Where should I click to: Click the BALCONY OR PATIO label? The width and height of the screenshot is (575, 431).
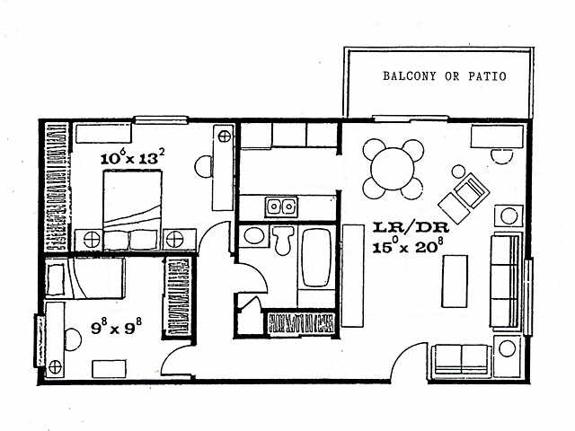pos(445,75)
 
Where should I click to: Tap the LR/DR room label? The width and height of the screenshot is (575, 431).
pos(411,227)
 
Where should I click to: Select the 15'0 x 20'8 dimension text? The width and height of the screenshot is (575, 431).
pos(405,246)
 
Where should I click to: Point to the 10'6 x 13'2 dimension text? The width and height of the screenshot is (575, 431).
pos(132,157)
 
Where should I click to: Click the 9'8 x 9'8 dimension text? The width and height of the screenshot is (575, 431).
pos(116,327)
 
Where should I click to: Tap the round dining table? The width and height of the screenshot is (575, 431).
pos(393,169)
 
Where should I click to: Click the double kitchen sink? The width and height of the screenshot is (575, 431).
pos(281,207)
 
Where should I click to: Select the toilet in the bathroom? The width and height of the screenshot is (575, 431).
pos(283,240)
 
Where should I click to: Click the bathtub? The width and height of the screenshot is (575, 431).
pos(317,258)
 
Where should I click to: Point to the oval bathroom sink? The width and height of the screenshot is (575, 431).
pos(253,235)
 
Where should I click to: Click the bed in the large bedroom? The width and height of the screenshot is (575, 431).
pos(132,211)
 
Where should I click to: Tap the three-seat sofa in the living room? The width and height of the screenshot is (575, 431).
pos(506,281)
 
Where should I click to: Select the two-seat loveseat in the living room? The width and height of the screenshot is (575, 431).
pos(461,361)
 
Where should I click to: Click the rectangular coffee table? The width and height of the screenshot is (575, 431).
pos(455,281)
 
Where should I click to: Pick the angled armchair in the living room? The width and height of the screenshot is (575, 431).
pos(464,198)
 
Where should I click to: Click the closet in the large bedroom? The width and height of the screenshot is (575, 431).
pos(57,187)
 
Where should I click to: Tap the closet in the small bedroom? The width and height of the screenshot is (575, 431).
pos(177,297)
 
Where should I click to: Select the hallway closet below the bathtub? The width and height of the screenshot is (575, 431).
pos(301,323)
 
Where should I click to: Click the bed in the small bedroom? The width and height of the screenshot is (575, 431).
pos(84,277)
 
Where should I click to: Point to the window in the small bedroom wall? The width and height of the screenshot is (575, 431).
pos(40,340)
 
